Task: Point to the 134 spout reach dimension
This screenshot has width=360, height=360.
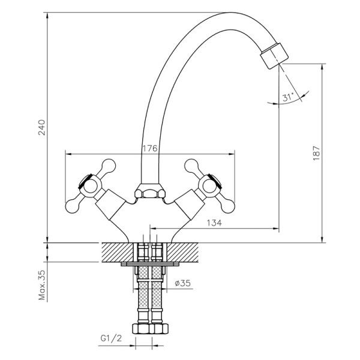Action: tap(215, 223)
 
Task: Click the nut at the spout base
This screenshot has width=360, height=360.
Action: tap(149, 193)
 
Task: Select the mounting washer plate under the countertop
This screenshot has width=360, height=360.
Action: tap(149, 263)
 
